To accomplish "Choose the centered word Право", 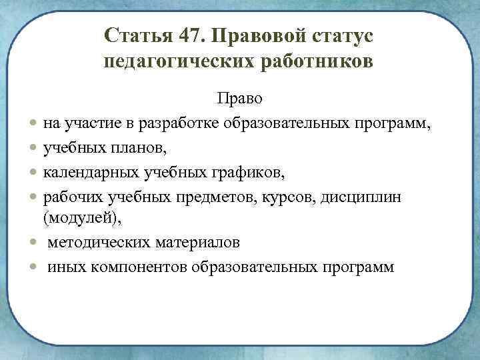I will (239, 99).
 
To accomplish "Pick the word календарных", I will (92, 173).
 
